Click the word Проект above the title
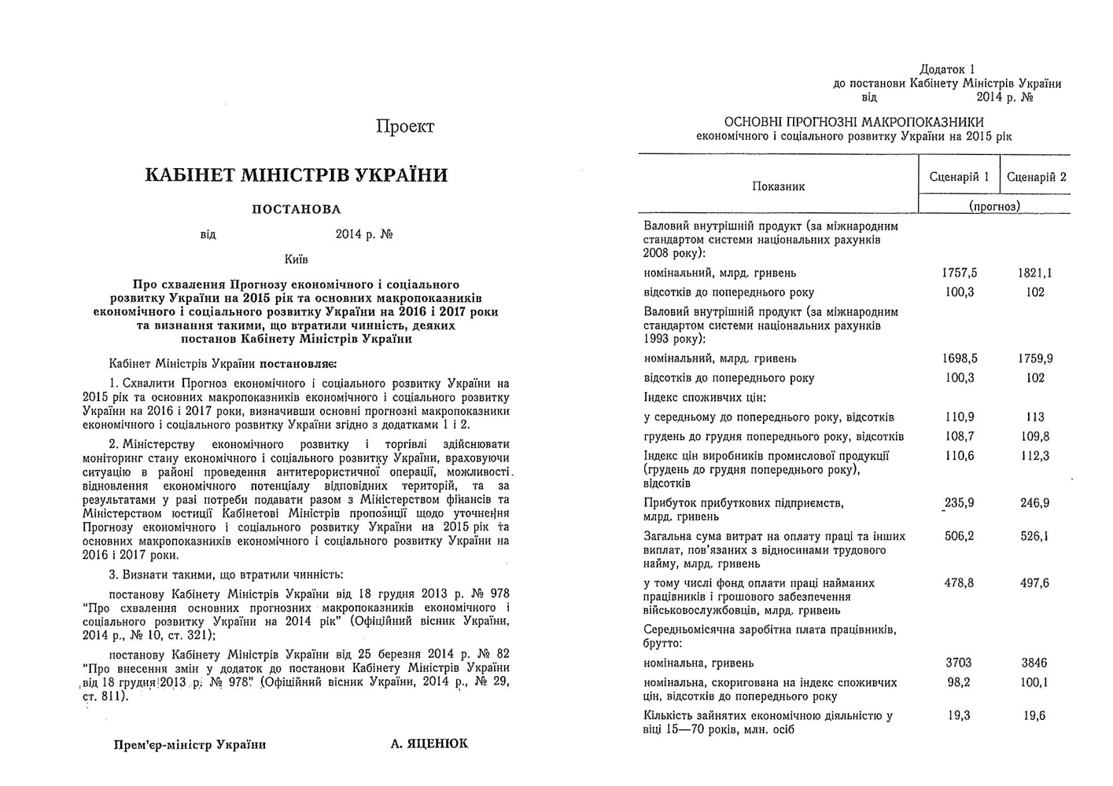(x=405, y=127)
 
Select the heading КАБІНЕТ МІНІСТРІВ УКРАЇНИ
(x=296, y=174)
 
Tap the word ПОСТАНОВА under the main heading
(x=296, y=209)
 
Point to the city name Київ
(x=297, y=259)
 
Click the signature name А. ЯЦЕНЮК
(x=429, y=744)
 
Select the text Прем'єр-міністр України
(x=190, y=744)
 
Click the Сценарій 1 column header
(x=959, y=177)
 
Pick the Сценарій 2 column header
(x=1036, y=177)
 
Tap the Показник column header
(x=778, y=186)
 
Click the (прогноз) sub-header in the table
(x=994, y=206)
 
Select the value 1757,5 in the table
(x=959, y=273)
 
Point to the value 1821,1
(x=1035, y=273)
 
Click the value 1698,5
(x=959, y=358)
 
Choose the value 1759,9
(x=1035, y=358)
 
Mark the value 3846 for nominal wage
(x=1035, y=663)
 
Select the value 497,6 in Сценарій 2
(x=1035, y=583)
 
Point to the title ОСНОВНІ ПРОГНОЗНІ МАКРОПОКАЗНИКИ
(x=853, y=122)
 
